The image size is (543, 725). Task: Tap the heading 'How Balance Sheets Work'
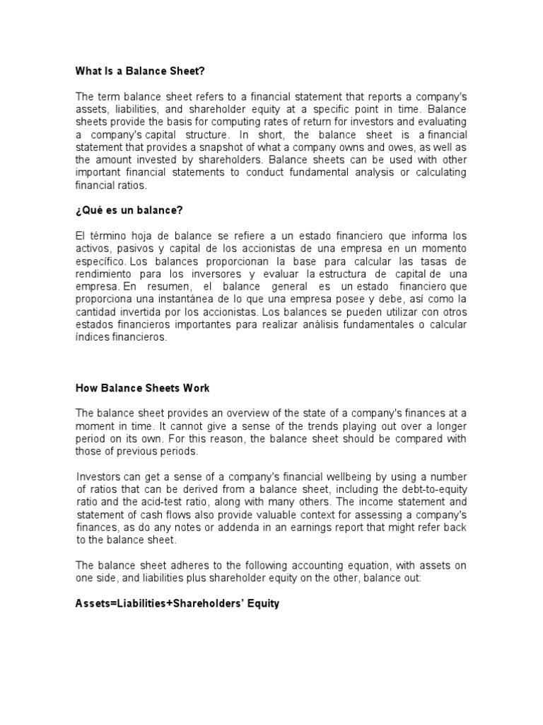click(143, 388)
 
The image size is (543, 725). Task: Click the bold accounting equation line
click(177, 605)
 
